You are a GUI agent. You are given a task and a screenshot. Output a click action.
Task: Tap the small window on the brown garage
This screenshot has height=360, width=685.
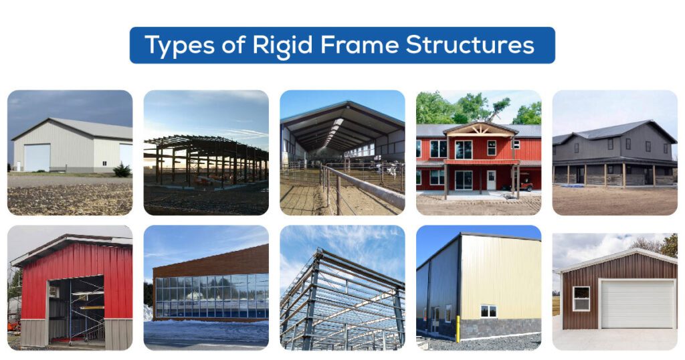(581, 298)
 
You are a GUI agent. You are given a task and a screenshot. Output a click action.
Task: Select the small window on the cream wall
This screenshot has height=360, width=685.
(488, 311)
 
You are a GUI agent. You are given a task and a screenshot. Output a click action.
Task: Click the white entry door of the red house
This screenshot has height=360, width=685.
(491, 179)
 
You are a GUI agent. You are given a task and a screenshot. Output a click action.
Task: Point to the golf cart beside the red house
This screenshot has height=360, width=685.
(526, 181)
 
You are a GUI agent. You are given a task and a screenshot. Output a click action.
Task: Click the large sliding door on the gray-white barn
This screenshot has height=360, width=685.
(37, 157)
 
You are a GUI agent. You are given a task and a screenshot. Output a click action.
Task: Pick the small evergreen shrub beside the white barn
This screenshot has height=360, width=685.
(122, 171)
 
